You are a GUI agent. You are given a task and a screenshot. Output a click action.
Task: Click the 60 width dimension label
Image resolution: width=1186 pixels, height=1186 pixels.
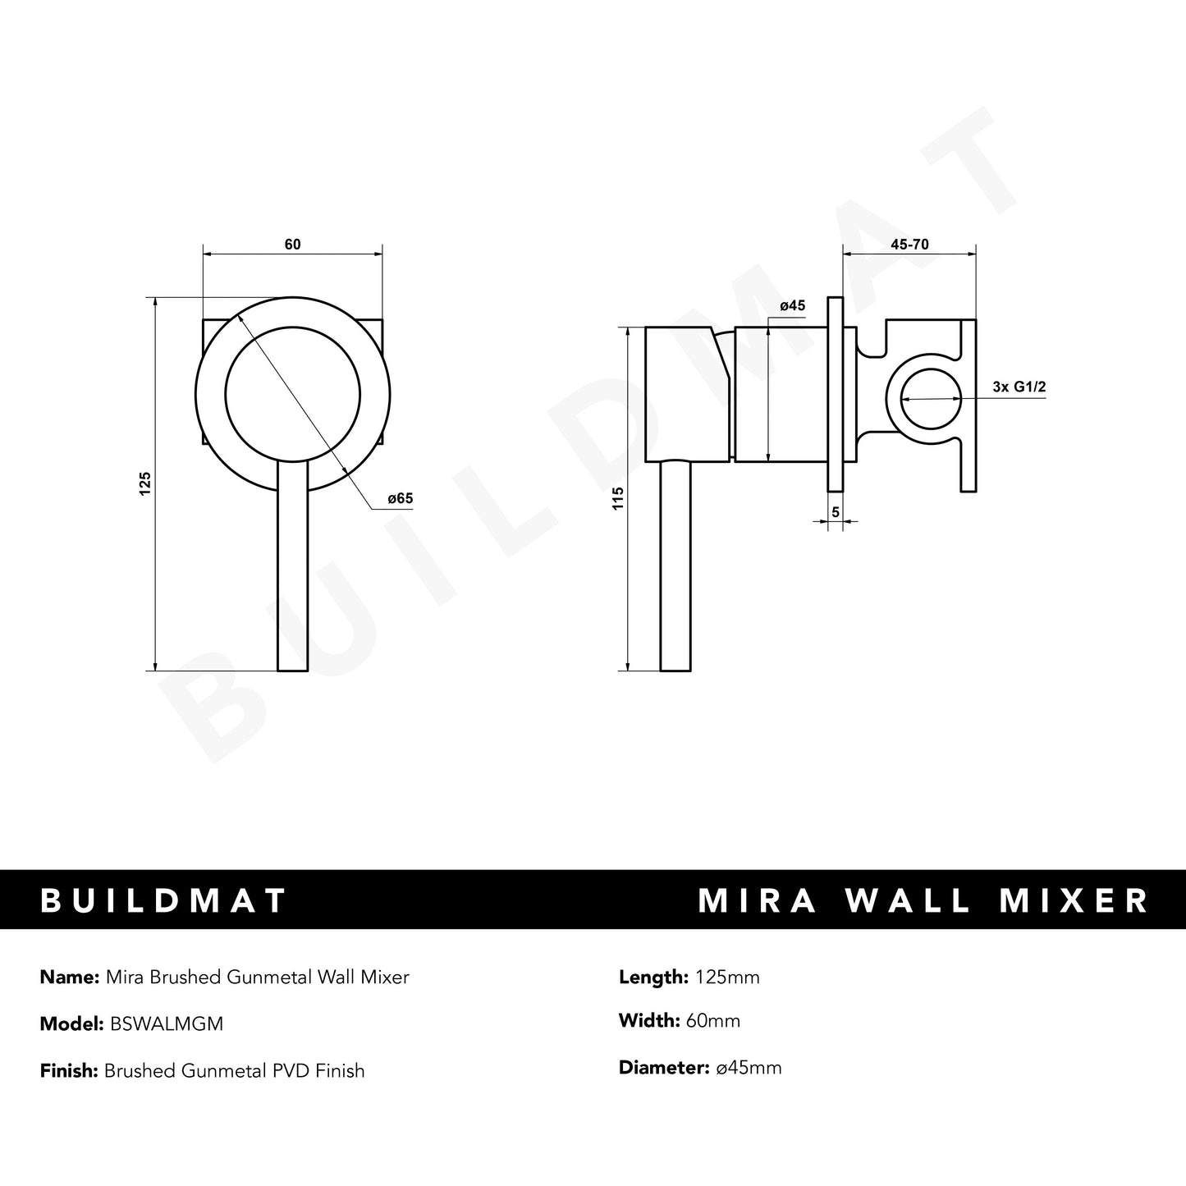pos(292,245)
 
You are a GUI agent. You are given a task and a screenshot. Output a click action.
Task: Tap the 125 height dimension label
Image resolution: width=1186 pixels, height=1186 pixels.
pos(145,483)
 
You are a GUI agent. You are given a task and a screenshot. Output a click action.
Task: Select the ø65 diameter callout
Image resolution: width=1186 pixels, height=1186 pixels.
pos(400,498)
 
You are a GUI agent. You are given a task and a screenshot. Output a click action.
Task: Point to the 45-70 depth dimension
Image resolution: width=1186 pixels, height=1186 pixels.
pos(909,245)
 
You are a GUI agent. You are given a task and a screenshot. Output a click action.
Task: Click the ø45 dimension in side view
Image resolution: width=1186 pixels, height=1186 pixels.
pos(792,306)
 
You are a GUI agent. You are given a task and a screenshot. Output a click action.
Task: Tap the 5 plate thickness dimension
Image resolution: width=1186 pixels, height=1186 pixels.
pos(836,512)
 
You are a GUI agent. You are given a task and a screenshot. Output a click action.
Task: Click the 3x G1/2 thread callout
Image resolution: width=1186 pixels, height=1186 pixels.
pos(1019,387)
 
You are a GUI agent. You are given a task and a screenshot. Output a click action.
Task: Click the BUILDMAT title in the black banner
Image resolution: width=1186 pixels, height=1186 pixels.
pos(164,900)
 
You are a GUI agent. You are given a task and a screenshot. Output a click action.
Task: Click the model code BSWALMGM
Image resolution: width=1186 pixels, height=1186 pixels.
pos(163,1023)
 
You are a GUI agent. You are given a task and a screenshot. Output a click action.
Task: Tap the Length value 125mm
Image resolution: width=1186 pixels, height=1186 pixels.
pos(726,977)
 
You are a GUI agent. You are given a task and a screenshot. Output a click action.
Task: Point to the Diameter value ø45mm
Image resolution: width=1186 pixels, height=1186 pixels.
pos(748,1068)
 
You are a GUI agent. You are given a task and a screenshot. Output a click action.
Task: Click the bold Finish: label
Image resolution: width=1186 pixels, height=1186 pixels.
pos(69,1070)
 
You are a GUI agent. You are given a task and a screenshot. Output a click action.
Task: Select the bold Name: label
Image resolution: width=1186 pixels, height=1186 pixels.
pos(68,977)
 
